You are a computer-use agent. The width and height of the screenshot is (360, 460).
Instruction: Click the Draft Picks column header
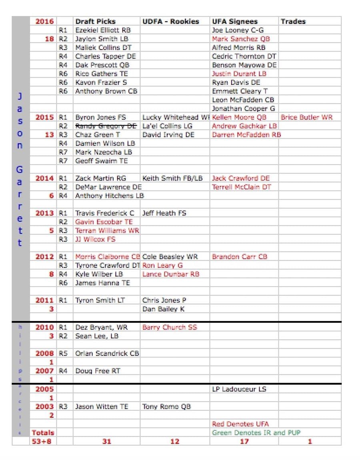(95, 22)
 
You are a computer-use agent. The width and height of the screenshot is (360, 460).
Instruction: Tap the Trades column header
(294, 22)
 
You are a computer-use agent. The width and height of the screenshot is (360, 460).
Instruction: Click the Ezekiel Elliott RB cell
(103, 30)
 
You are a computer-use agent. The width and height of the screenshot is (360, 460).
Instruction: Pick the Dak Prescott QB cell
(102, 65)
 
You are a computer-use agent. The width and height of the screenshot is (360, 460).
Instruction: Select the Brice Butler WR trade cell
(306, 117)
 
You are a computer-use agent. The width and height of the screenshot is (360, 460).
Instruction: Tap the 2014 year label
(44, 178)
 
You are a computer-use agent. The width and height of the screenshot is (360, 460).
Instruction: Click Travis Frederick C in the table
(105, 213)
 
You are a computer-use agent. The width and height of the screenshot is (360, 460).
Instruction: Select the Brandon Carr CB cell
(239, 257)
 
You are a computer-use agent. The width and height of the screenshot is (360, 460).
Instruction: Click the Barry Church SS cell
(170, 327)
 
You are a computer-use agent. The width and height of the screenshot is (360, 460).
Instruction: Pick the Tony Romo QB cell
(166, 406)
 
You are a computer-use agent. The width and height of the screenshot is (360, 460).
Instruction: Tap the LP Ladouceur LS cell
(239, 389)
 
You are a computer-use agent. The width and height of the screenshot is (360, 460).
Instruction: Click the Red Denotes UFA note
(240, 424)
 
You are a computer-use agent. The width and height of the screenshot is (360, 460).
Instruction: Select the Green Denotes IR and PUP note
(256, 433)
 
